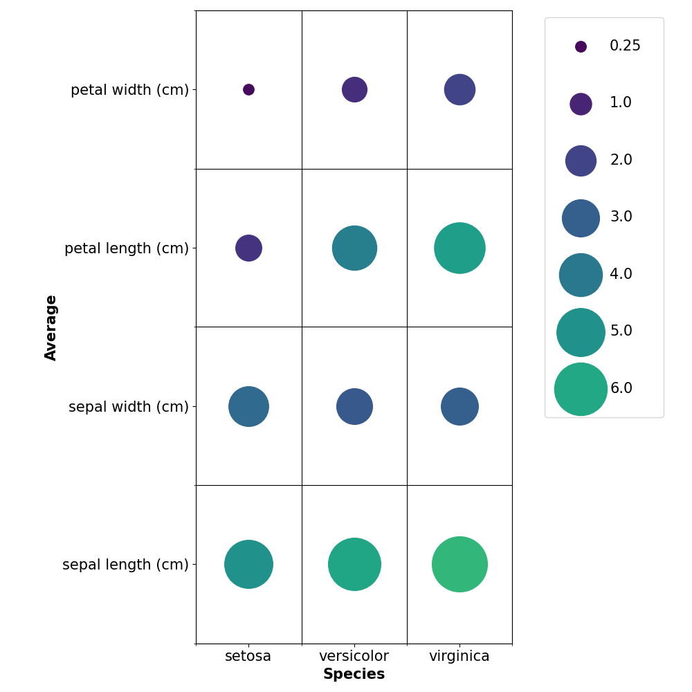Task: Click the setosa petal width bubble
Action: tap(248, 89)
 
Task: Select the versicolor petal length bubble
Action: tap(354, 248)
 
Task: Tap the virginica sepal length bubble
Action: tap(459, 564)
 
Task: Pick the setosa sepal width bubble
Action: tap(248, 406)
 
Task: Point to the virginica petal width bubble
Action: tap(459, 89)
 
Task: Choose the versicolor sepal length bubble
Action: tap(354, 564)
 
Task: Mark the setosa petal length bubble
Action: tap(248, 248)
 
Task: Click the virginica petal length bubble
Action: tap(459, 248)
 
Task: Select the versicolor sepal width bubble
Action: tap(354, 406)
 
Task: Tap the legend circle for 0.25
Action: tap(581, 46)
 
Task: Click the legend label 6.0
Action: tap(621, 388)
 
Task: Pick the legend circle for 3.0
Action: tap(581, 218)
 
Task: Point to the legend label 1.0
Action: tap(620, 103)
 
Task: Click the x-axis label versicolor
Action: tap(354, 656)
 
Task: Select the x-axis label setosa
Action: tap(248, 656)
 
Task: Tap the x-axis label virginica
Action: tap(459, 656)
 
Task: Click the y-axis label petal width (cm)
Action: tap(129, 90)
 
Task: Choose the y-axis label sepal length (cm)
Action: tap(125, 565)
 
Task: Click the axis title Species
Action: tap(354, 675)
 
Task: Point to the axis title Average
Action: tap(51, 327)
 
